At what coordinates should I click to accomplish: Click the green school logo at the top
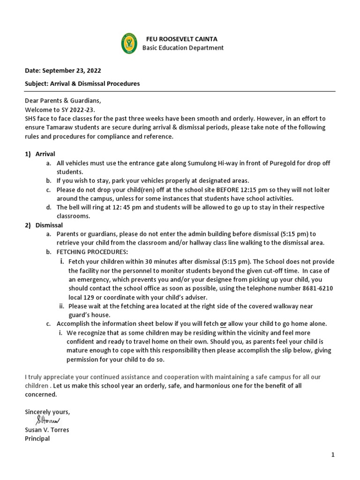click(x=129, y=43)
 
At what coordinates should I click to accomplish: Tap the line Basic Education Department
click(x=183, y=48)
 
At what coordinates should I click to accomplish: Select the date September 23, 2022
click(x=72, y=71)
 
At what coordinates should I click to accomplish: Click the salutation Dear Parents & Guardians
click(x=63, y=101)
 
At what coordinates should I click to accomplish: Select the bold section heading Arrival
click(x=45, y=154)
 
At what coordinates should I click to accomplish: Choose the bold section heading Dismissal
click(x=49, y=225)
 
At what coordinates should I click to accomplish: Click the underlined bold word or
click(x=224, y=324)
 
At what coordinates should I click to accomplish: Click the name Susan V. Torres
click(x=47, y=430)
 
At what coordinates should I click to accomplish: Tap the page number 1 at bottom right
click(x=332, y=455)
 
